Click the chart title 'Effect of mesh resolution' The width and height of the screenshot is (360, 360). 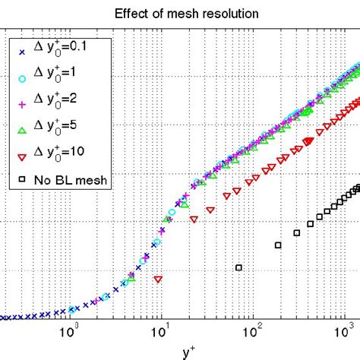179,13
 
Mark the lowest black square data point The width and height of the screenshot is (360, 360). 239,267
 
